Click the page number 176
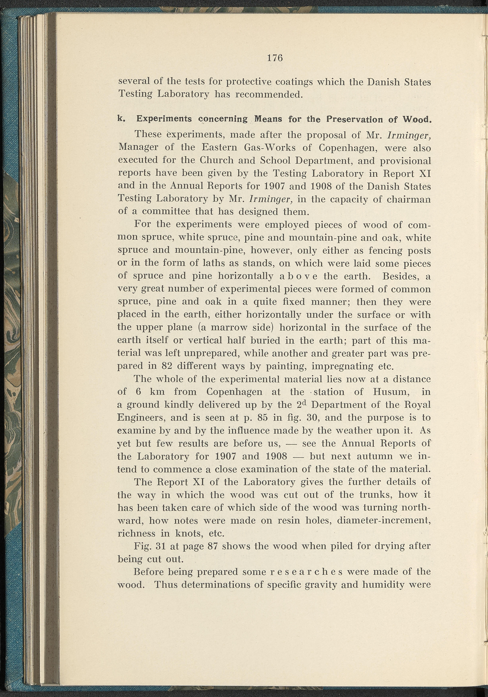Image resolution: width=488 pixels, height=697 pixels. (x=275, y=58)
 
